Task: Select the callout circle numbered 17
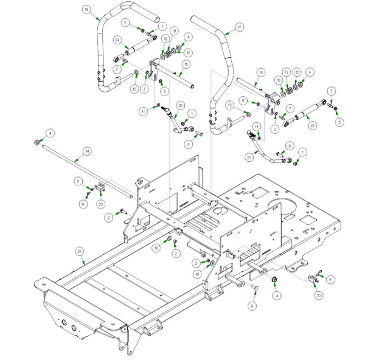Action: tap(239, 27)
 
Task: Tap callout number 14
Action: tap(86, 150)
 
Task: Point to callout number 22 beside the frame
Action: tap(79, 250)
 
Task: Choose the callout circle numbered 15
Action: tap(186, 63)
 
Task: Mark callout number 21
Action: tap(248, 157)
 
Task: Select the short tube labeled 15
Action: tap(176, 80)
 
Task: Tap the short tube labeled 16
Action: tap(249, 86)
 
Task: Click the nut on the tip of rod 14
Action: tap(38, 142)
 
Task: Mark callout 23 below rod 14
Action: tap(101, 204)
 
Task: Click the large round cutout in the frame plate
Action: tap(283, 206)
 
